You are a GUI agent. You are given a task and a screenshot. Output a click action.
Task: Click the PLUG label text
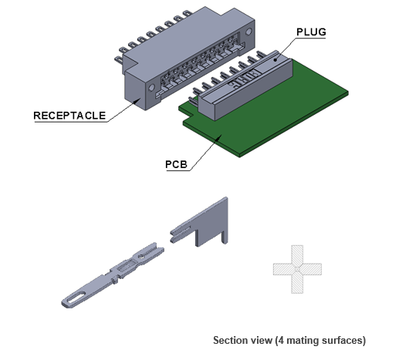(311, 32)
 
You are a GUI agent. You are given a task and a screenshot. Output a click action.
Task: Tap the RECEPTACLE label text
(69, 116)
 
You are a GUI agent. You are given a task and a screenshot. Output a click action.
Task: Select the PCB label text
(176, 164)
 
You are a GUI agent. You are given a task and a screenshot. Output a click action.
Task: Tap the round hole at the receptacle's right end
(248, 32)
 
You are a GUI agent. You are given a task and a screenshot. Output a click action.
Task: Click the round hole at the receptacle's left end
(151, 87)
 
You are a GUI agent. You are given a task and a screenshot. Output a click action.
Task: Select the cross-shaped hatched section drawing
(297, 269)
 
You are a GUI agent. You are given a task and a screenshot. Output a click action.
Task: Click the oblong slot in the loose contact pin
(76, 298)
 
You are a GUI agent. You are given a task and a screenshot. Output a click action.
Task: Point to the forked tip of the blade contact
(180, 234)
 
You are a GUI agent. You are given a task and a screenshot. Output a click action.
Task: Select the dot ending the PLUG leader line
(275, 60)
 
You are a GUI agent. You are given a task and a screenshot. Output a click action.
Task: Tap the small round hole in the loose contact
(141, 256)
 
